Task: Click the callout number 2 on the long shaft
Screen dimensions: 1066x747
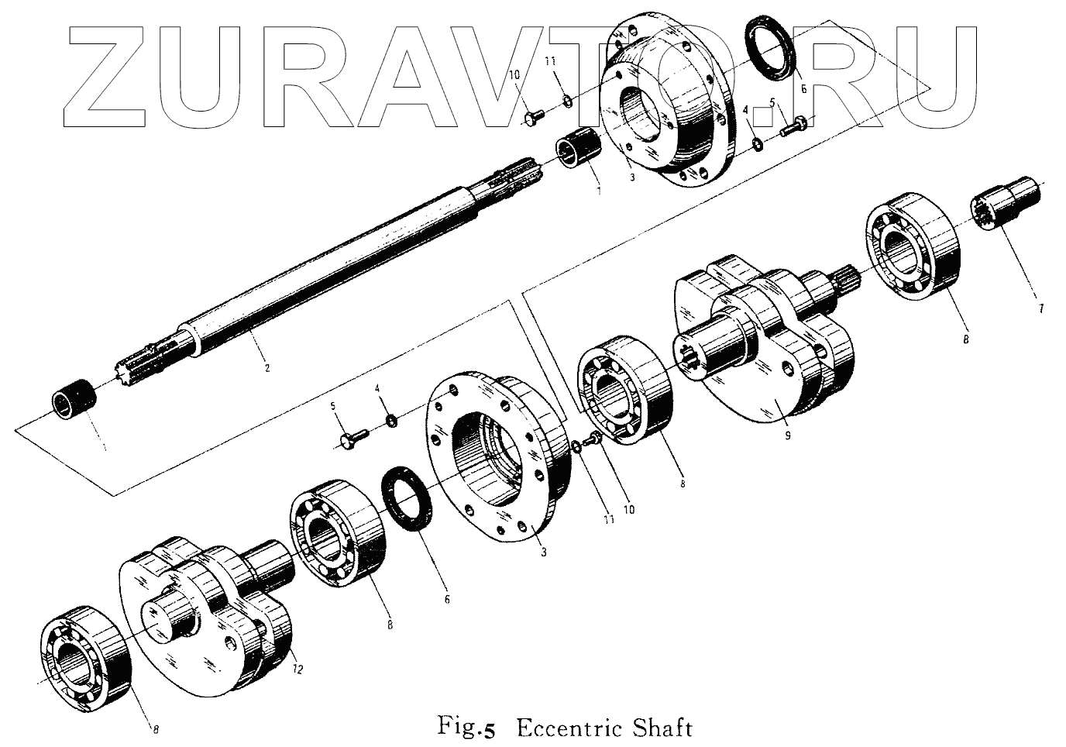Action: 267,369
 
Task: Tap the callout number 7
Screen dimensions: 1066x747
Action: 1041,309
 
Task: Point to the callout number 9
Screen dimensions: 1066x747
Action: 787,436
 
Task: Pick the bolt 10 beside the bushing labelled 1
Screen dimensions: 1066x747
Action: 533,116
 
